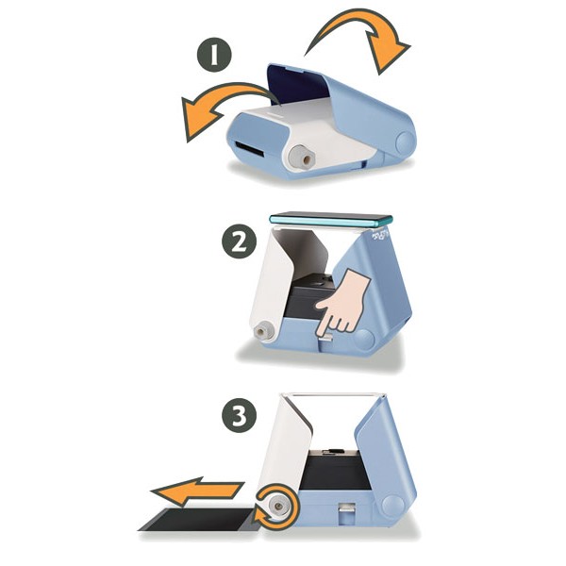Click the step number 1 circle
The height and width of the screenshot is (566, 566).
(x=214, y=55)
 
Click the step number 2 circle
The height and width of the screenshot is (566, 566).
(x=239, y=241)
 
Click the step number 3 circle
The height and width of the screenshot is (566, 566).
(x=239, y=415)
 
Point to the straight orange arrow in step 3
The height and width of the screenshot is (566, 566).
(x=198, y=491)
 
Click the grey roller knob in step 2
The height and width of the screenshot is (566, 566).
(x=263, y=332)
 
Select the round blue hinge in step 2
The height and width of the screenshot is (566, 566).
(x=364, y=340)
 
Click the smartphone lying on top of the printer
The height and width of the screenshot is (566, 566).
(x=331, y=219)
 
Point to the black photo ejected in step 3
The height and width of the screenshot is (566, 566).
(x=199, y=519)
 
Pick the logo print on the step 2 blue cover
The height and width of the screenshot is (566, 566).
(x=380, y=235)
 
